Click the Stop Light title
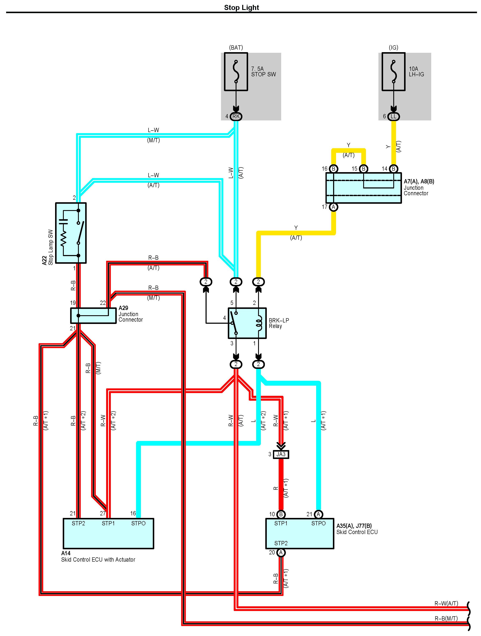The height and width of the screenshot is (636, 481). click(x=241, y=7)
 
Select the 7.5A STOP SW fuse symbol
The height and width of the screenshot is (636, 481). click(x=236, y=72)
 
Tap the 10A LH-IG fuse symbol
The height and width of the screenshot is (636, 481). click(x=393, y=72)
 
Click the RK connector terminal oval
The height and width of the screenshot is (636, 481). click(x=236, y=116)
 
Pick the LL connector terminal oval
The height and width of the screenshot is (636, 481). click(x=393, y=116)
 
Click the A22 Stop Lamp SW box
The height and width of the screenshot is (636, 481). click(x=71, y=233)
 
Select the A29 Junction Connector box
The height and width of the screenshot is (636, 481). click(x=93, y=315)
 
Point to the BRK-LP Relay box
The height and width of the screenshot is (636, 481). click(x=247, y=323)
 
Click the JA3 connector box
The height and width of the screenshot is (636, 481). click(x=281, y=454)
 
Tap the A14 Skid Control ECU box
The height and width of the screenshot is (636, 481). click(x=108, y=534)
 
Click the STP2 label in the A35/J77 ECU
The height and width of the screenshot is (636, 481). click(x=281, y=543)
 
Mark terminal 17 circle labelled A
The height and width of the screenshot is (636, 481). click(x=333, y=207)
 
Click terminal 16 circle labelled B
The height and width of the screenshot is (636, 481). click(x=333, y=169)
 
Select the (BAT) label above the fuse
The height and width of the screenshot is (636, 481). click(x=236, y=47)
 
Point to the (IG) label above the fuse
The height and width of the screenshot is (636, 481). click(x=393, y=47)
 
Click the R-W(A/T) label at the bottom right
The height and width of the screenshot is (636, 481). click(x=446, y=604)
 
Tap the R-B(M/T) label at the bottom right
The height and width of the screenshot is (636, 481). click(x=446, y=618)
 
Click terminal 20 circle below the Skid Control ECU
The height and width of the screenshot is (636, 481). click(x=281, y=552)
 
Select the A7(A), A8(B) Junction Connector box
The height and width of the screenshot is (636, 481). click(x=363, y=188)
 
